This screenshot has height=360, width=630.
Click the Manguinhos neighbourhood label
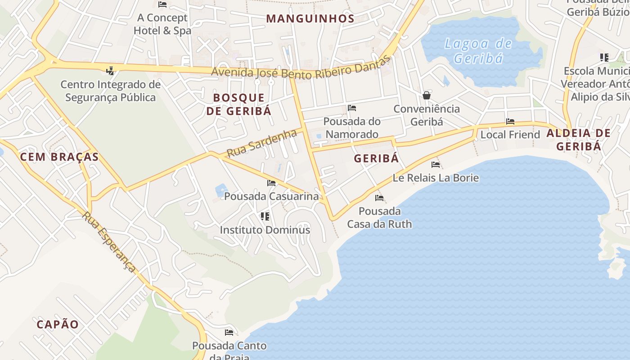310,18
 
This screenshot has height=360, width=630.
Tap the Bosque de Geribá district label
239,104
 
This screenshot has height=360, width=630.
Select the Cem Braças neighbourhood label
59,157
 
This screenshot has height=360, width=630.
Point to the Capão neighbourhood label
58,324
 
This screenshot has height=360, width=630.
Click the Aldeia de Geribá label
579,139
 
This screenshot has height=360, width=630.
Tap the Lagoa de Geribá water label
478,51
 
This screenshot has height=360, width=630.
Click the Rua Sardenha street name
261,143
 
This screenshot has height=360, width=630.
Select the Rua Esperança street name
108,241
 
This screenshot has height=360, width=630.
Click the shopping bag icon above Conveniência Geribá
426,95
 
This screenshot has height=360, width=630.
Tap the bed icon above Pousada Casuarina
271,183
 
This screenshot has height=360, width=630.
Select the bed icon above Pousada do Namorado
352,108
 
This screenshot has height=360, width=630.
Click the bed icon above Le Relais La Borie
435,165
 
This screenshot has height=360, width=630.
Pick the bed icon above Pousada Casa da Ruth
379,198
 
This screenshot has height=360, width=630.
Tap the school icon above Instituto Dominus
265,216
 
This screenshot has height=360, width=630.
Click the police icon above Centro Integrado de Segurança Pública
110,71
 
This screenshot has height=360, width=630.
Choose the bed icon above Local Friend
510,121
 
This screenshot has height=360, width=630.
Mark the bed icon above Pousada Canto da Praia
229,333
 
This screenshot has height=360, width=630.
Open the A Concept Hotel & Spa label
162,24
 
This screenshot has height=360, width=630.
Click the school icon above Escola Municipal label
604,58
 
